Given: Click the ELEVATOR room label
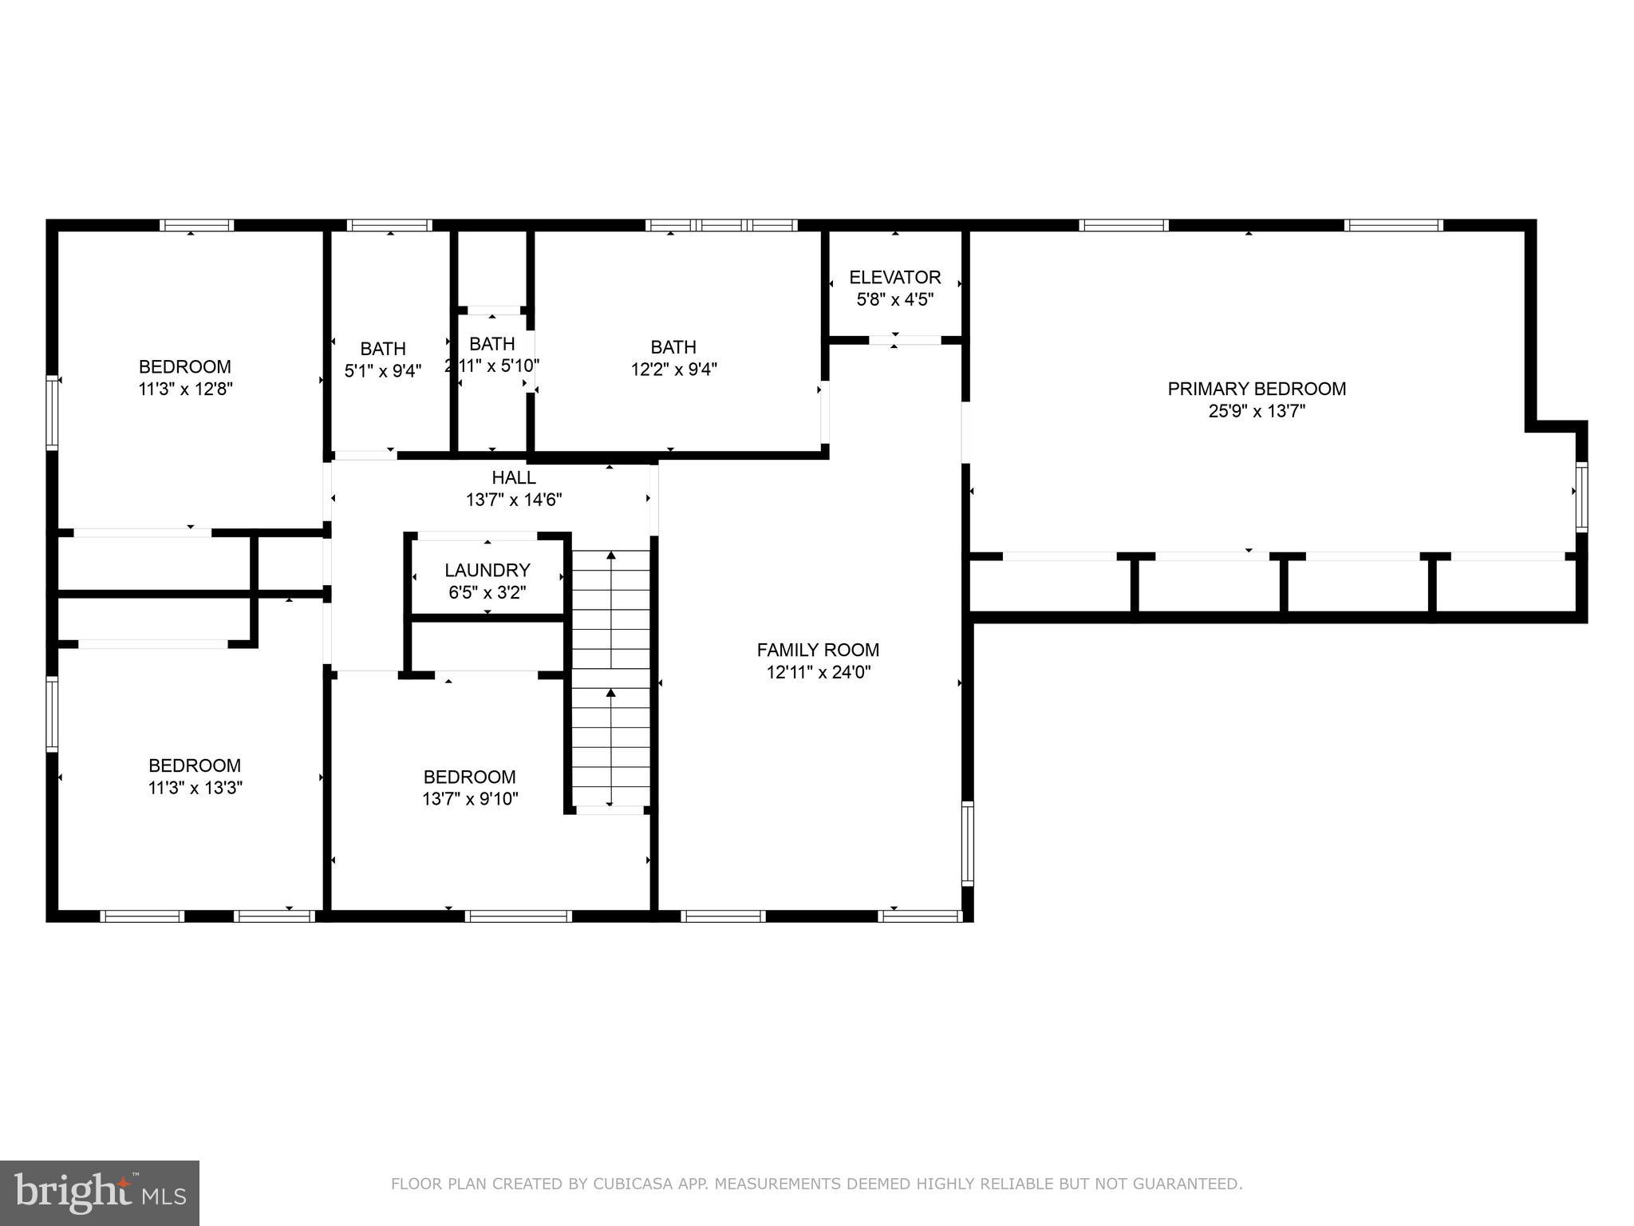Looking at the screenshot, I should point(894,278).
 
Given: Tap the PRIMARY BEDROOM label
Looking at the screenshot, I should point(1256,389).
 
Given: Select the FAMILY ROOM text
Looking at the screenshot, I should point(818,650).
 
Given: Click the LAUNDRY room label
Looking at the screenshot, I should point(487,570).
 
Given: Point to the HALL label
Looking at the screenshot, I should point(514,477).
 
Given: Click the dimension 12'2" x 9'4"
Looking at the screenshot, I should point(673,370).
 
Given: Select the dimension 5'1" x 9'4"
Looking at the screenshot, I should point(383,371).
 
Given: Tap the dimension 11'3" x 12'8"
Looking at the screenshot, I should point(185,390).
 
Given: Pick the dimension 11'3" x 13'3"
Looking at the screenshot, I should point(195,788).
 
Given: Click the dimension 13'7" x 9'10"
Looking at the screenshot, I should point(470,799).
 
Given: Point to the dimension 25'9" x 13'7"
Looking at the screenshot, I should point(1256,412).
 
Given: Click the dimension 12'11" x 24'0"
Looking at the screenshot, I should point(818,673).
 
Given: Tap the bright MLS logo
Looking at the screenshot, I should point(100,1192).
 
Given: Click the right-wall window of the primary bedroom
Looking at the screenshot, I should point(1581,496).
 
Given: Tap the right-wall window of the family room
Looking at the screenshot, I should point(967,843).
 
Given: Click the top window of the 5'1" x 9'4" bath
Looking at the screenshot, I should point(390,226).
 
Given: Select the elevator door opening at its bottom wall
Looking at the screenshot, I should point(905,340).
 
